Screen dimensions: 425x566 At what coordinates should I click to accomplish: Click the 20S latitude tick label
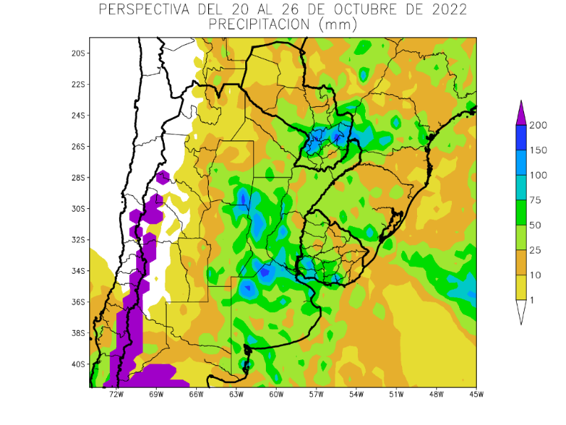[x=78, y=53]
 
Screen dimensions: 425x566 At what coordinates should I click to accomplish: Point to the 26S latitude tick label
[x=78, y=147]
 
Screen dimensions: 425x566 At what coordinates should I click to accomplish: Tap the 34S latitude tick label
[x=78, y=271]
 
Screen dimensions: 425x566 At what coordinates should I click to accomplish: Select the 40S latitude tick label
[x=78, y=364]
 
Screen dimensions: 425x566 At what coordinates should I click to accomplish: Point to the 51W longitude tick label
[x=396, y=394]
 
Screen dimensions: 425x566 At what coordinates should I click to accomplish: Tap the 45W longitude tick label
[x=476, y=394]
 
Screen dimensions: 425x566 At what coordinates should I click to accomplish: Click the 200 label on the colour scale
[x=538, y=126]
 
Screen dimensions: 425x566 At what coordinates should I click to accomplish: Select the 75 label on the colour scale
[x=535, y=200]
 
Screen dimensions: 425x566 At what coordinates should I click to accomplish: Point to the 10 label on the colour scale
[x=535, y=275]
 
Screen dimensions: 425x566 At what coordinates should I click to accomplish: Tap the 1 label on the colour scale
[x=532, y=300]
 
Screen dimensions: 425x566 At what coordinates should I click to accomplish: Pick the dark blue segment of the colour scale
[x=521, y=138]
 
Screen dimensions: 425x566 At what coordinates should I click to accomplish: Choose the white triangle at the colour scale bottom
[x=521, y=312]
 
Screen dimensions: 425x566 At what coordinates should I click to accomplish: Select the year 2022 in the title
[x=446, y=10]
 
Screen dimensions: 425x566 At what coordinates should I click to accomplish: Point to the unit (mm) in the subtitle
[x=337, y=24]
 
